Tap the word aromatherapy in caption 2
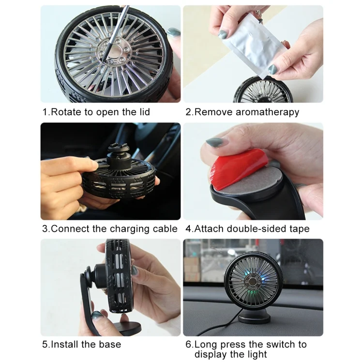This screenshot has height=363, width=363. click(x=267, y=112)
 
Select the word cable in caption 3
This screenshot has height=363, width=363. click(x=164, y=229)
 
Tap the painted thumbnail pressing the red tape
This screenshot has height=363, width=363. click(x=215, y=142)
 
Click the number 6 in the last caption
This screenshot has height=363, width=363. click(x=189, y=345)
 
